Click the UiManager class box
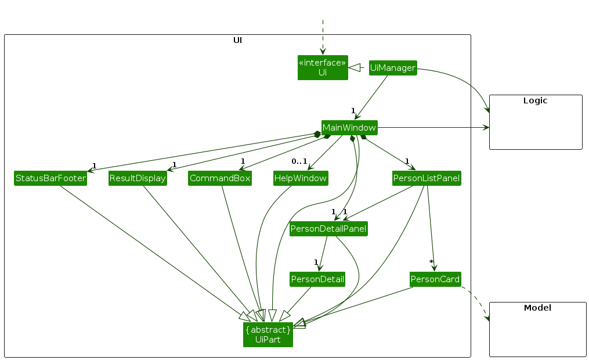393,68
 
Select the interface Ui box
323,67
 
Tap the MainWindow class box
349,127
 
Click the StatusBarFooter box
50,178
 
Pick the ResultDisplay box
138,178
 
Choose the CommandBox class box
220,178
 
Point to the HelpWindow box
301,178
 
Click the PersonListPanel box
427,178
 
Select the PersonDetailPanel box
328,229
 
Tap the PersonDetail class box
317,279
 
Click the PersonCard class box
435,279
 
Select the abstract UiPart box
268,334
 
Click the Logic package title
535,100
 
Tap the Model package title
537,308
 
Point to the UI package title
237,40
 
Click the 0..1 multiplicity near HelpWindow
299,161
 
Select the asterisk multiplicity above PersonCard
431,262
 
